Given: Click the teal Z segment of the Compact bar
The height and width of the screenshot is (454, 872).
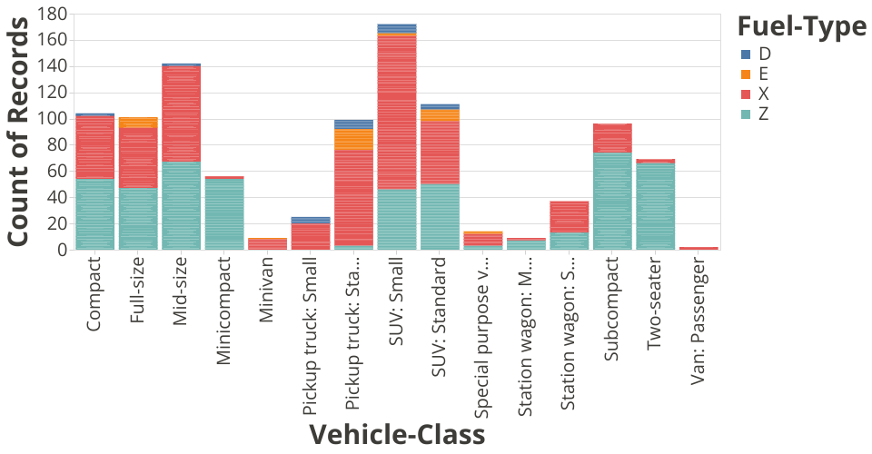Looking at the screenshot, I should point(94,214).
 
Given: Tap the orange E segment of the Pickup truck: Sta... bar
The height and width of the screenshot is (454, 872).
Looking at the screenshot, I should point(353,139).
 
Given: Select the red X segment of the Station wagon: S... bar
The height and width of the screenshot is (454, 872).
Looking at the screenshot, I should point(569,216).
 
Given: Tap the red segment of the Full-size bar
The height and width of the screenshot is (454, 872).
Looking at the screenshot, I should point(138,158).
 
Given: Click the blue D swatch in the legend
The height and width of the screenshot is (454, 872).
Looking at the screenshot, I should point(746,54).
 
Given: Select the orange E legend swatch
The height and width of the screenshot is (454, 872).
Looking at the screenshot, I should point(746,74).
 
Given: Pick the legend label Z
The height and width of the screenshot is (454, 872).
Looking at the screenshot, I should point(764,114).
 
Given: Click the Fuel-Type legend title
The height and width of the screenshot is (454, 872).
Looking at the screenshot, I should point(800,27).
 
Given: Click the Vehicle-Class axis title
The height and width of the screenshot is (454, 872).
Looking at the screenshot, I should point(397,435).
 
